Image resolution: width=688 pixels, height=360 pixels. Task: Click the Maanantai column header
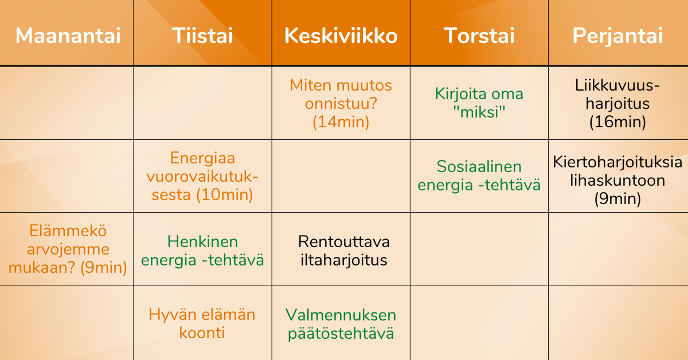pos(68,36)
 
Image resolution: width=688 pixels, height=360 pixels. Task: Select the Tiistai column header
pos(202,36)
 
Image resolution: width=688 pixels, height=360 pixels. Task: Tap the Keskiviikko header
pos(341,36)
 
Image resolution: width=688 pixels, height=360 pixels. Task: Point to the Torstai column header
pos(479,36)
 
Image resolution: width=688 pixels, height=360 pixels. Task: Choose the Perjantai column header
pos(617,36)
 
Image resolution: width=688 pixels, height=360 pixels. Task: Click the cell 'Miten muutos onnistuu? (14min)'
pos(341,103)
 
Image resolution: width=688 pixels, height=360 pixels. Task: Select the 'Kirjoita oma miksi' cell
pos(479,103)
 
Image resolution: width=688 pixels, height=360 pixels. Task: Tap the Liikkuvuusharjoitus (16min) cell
pos(617,103)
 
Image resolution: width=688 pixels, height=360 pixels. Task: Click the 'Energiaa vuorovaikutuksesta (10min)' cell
pos(202,176)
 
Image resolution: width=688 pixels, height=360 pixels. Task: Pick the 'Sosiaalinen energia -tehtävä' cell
pos(479,175)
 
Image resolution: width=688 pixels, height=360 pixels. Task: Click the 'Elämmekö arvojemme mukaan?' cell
pos(68,249)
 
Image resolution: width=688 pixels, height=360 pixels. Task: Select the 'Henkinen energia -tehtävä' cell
pos(202,251)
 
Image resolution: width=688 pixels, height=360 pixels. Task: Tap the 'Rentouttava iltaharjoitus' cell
pos(344,251)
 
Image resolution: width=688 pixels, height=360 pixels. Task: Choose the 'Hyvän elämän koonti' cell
pos(202,324)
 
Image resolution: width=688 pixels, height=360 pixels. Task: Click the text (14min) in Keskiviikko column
pos(341,122)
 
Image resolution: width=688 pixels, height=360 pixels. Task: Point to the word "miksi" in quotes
pos(479,111)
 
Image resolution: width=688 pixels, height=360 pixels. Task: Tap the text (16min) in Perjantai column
pos(617,122)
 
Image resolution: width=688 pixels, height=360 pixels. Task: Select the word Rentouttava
pos(344,242)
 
